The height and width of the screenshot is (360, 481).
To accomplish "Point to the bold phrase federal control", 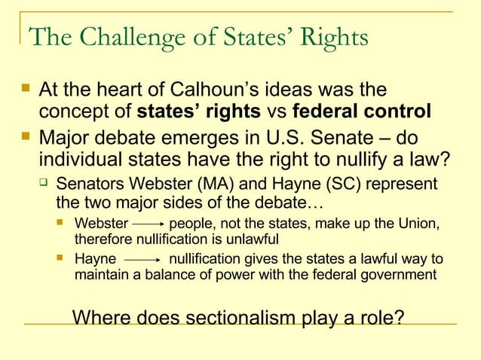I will pos(361,112).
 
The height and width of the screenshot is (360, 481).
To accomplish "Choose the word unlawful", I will pos(247,239).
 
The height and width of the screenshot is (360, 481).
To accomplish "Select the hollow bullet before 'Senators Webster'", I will pos(45,185).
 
